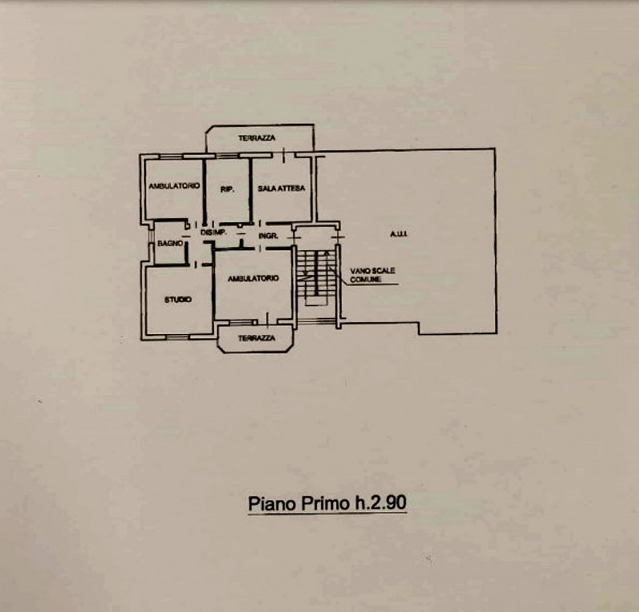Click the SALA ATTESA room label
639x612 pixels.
281,189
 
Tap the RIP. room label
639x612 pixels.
228,189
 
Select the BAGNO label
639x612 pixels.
170,244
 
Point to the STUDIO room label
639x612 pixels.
177,300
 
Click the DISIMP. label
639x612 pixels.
213,232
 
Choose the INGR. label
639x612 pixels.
268,236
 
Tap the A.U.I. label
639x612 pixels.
399,234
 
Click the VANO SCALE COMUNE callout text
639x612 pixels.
372,275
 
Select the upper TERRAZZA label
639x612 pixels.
256,138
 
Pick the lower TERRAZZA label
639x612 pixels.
256,338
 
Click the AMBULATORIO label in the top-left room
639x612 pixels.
174,186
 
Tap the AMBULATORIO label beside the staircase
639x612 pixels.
253,279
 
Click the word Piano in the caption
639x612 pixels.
272,503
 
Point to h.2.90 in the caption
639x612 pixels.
380,503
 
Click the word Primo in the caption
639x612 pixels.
324,503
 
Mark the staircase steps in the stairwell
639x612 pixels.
316,274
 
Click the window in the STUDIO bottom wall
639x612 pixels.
177,337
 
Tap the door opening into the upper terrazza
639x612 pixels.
284,155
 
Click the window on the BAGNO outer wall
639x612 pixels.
150,243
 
